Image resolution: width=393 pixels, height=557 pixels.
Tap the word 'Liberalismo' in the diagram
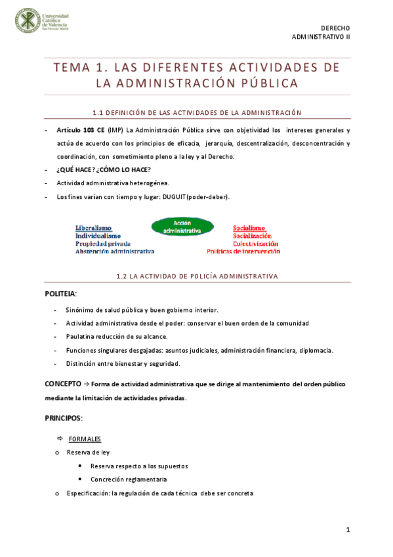click(93, 228)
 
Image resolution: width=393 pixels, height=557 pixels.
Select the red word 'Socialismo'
click(249, 228)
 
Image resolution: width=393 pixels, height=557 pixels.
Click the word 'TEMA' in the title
click(73, 68)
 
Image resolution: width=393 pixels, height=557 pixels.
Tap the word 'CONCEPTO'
click(63, 383)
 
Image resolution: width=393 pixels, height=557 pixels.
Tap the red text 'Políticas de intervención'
click(243, 251)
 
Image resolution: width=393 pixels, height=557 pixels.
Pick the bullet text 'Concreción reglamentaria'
click(128, 479)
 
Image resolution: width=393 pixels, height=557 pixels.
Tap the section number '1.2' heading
click(121, 276)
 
